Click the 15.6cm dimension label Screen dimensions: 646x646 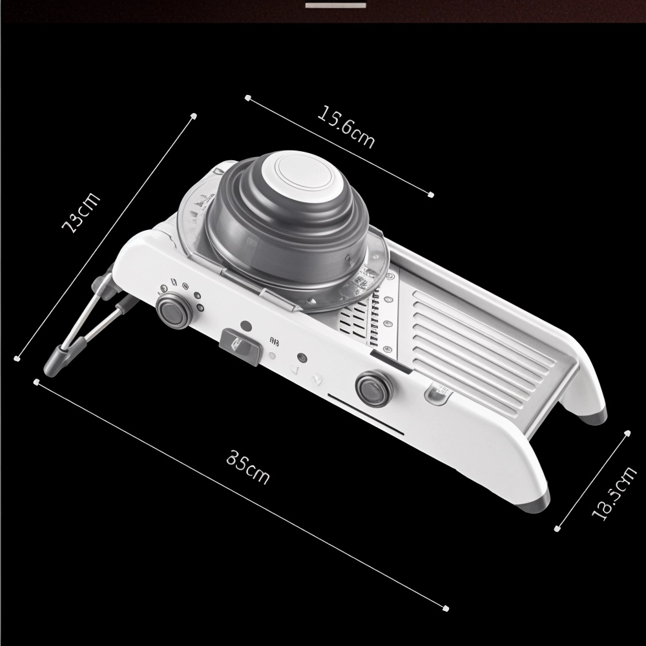click(346, 127)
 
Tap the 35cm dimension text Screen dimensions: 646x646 click(248, 467)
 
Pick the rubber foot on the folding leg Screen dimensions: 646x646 click(54, 359)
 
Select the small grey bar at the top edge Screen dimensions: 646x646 click(336, 5)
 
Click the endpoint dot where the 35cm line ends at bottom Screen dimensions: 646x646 click(446, 607)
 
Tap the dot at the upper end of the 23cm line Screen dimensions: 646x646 click(193, 116)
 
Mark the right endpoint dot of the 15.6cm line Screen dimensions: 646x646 click(432, 194)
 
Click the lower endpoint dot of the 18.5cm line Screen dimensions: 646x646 click(557, 529)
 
